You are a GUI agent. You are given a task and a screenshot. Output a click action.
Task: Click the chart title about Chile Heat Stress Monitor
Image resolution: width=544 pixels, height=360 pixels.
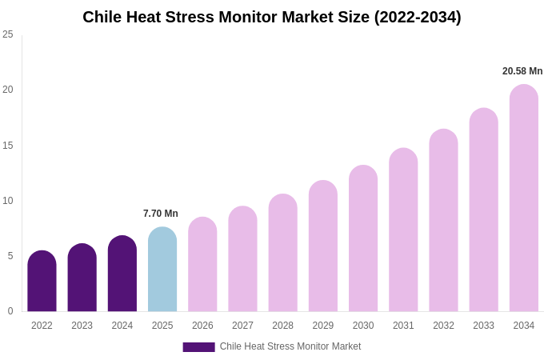click(x=272, y=17)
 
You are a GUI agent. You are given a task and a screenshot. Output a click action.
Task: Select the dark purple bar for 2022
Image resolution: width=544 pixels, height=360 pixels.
click(x=42, y=282)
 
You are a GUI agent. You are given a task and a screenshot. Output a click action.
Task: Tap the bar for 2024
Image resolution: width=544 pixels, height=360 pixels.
click(x=122, y=274)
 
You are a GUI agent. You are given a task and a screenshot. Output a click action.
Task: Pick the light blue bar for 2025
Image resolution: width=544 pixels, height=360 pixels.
click(x=162, y=270)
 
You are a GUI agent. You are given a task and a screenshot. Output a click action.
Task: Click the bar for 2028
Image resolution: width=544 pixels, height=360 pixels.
click(x=282, y=253)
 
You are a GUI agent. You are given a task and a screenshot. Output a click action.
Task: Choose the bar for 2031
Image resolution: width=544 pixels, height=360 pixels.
click(x=403, y=230)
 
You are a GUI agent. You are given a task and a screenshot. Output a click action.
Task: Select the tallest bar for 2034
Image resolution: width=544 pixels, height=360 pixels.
click(x=524, y=198)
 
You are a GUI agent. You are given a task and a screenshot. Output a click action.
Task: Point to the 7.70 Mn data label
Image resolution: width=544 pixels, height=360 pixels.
click(x=161, y=214)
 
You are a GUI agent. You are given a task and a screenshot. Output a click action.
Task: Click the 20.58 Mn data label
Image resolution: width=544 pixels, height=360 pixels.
click(x=522, y=71)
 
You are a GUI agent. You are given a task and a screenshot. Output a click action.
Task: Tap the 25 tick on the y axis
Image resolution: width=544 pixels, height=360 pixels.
click(x=8, y=34)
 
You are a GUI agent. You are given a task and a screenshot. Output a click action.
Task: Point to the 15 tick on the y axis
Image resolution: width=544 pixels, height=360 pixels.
click(x=8, y=145)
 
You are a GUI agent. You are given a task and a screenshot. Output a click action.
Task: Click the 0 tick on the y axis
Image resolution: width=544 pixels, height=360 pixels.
click(x=10, y=311)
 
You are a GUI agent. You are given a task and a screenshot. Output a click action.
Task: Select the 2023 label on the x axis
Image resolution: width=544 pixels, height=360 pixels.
click(x=82, y=326)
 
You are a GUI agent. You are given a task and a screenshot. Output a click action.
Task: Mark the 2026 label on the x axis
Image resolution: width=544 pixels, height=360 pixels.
click(x=202, y=326)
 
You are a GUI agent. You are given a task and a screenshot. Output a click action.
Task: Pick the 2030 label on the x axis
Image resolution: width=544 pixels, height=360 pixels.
click(x=363, y=326)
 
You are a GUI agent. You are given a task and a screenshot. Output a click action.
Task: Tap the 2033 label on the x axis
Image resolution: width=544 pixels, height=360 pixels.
click(x=483, y=326)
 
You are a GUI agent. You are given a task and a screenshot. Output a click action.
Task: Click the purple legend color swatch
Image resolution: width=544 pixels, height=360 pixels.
click(x=198, y=347)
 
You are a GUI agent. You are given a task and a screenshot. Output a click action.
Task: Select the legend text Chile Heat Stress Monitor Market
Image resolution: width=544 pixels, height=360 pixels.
click(x=290, y=346)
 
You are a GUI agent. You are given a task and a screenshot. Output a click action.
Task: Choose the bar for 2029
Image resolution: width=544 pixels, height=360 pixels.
click(x=323, y=246)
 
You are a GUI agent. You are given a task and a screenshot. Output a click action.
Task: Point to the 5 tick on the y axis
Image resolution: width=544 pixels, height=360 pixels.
click(x=10, y=256)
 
